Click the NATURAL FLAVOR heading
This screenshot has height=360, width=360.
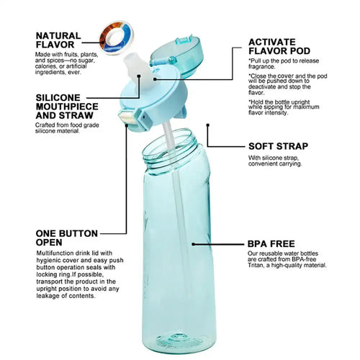(x=58, y=40)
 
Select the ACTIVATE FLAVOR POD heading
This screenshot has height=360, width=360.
(x=279, y=46)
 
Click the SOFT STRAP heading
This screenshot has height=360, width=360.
(x=278, y=146)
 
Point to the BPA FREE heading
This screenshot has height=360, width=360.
(x=271, y=244)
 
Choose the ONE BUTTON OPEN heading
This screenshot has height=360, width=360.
(x=67, y=238)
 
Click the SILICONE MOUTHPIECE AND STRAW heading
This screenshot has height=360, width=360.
(x=67, y=107)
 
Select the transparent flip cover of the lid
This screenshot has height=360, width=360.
(x=175, y=55)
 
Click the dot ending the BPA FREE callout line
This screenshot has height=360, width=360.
(x=193, y=244)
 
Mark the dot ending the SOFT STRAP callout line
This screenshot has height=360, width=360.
(x=208, y=125)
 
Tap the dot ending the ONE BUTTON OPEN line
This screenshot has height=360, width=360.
(x=127, y=125)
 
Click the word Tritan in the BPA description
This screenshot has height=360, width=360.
(x=256, y=266)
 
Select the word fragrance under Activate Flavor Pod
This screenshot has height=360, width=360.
(x=261, y=66)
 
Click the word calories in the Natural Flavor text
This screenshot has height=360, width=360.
(x=45, y=66)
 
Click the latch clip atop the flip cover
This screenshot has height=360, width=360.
(x=184, y=40)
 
